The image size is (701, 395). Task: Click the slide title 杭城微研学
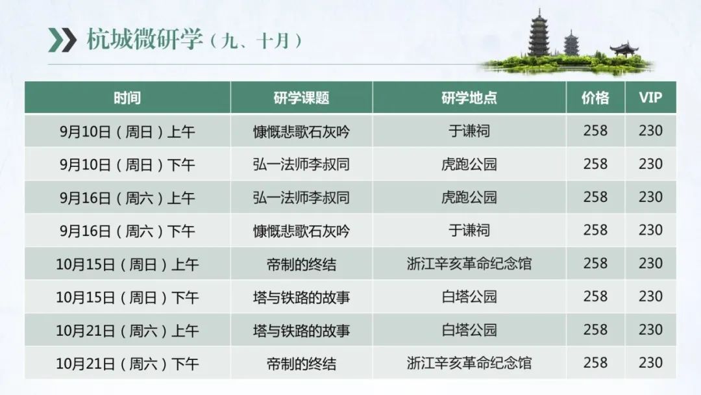tap(144, 40)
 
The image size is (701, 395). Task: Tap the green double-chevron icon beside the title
tap(62, 40)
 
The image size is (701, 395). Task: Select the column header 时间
tap(127, 97)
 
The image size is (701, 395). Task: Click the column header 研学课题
tap(301, 97)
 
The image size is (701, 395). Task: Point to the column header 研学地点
tap(469, 97)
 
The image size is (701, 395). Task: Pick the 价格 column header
tap(595, 97)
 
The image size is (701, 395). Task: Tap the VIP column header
tap(650, 97)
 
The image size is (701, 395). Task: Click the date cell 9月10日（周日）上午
tap(127, 131)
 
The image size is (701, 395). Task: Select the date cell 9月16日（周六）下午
tap(127, 231)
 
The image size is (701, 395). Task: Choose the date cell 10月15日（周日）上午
tap(127, 264)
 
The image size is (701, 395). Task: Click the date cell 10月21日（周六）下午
tap(127, 363)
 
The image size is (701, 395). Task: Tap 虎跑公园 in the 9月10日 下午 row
tap(469, 164)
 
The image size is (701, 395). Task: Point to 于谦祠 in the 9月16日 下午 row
tap(469, 231)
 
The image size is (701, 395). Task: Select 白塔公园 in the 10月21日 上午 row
tap(469, 329)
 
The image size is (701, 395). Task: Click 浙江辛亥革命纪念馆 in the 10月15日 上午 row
tap(469, 264)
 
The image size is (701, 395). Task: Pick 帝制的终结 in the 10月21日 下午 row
tap(301, 363)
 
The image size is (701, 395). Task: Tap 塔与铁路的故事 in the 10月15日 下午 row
tap(301, 297)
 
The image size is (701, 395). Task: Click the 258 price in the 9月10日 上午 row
tap(595, 131)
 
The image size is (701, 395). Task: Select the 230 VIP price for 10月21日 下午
tap(650, 363)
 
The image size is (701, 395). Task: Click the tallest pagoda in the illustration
tap(539, 34)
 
